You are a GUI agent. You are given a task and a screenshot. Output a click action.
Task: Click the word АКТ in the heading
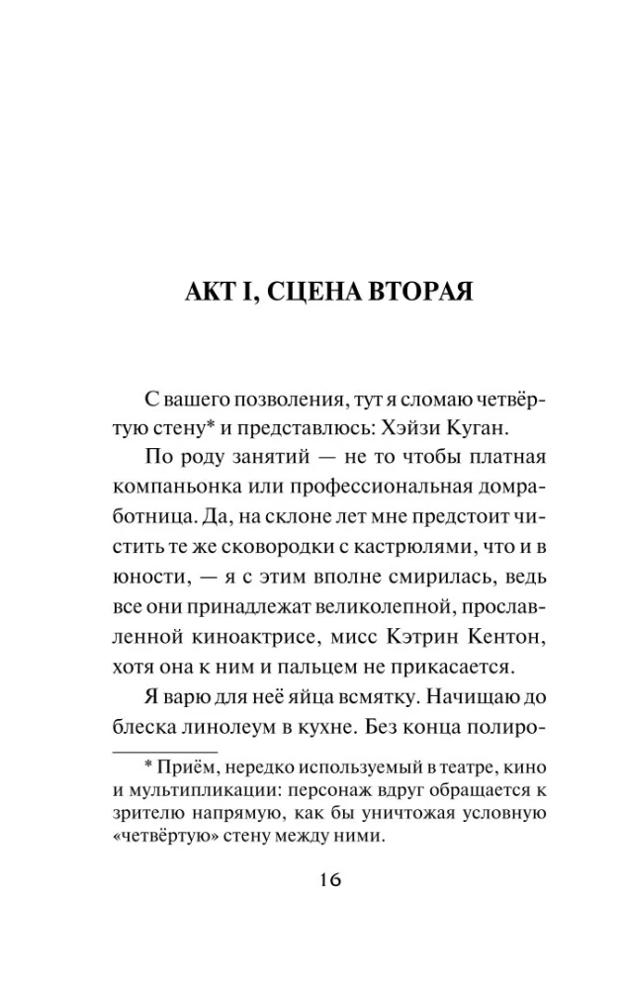(x=211, y=294)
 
